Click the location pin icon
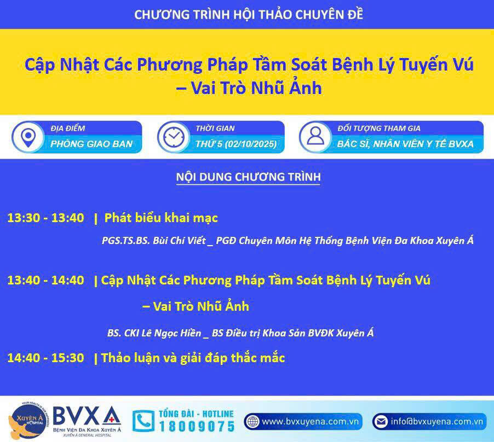28,138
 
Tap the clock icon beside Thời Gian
174,137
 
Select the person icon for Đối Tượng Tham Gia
315,136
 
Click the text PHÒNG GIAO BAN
91,144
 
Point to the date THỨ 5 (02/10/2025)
236,144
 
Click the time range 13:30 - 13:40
45,218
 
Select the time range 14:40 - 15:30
45,358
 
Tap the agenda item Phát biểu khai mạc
161,218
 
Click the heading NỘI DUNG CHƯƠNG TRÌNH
248,177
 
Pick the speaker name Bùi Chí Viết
179,241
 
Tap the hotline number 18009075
197,427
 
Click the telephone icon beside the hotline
143,421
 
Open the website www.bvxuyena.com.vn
310,422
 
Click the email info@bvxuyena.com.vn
436,422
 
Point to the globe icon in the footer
252,422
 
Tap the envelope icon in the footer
381,422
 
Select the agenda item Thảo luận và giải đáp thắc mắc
193,358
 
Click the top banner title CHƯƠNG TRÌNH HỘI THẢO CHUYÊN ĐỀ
249,14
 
